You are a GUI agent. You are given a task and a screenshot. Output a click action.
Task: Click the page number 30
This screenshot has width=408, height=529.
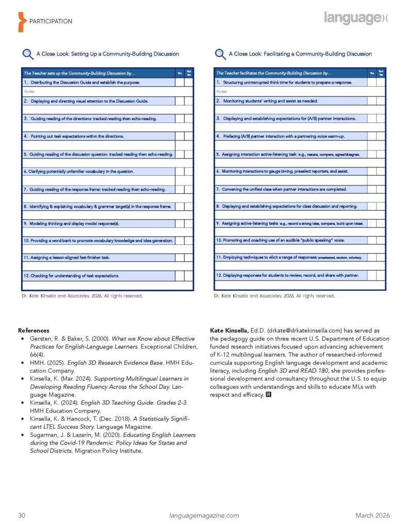(22, 515)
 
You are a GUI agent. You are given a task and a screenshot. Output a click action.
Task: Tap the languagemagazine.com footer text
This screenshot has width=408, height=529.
(204, 515)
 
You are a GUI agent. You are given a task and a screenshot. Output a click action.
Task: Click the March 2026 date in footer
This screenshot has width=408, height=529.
(372, 515)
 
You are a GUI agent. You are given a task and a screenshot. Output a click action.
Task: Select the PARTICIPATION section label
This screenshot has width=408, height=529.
(51, 21)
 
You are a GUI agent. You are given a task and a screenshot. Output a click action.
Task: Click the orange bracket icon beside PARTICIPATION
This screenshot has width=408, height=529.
(21, 21)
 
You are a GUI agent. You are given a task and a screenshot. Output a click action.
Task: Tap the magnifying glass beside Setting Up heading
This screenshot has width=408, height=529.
(27, 54)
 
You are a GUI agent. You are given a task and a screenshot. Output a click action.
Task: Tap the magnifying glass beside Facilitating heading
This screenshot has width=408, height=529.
(220, 54)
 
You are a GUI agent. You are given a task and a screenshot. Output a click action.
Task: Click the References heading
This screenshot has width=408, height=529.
(34, 330)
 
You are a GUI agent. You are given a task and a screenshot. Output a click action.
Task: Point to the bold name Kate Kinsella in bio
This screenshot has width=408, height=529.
(229, 330)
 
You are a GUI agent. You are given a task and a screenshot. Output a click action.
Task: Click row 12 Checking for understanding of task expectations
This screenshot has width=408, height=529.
(72, 276)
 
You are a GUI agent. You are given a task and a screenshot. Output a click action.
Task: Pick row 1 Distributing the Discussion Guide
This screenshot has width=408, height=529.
(81, 82)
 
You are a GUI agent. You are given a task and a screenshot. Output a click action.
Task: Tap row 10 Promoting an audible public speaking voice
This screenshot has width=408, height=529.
(281, 240)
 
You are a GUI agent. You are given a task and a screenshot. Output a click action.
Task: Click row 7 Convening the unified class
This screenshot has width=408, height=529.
(282, 189)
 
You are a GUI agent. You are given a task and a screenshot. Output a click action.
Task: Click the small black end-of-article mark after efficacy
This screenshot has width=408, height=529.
(268, 395)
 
